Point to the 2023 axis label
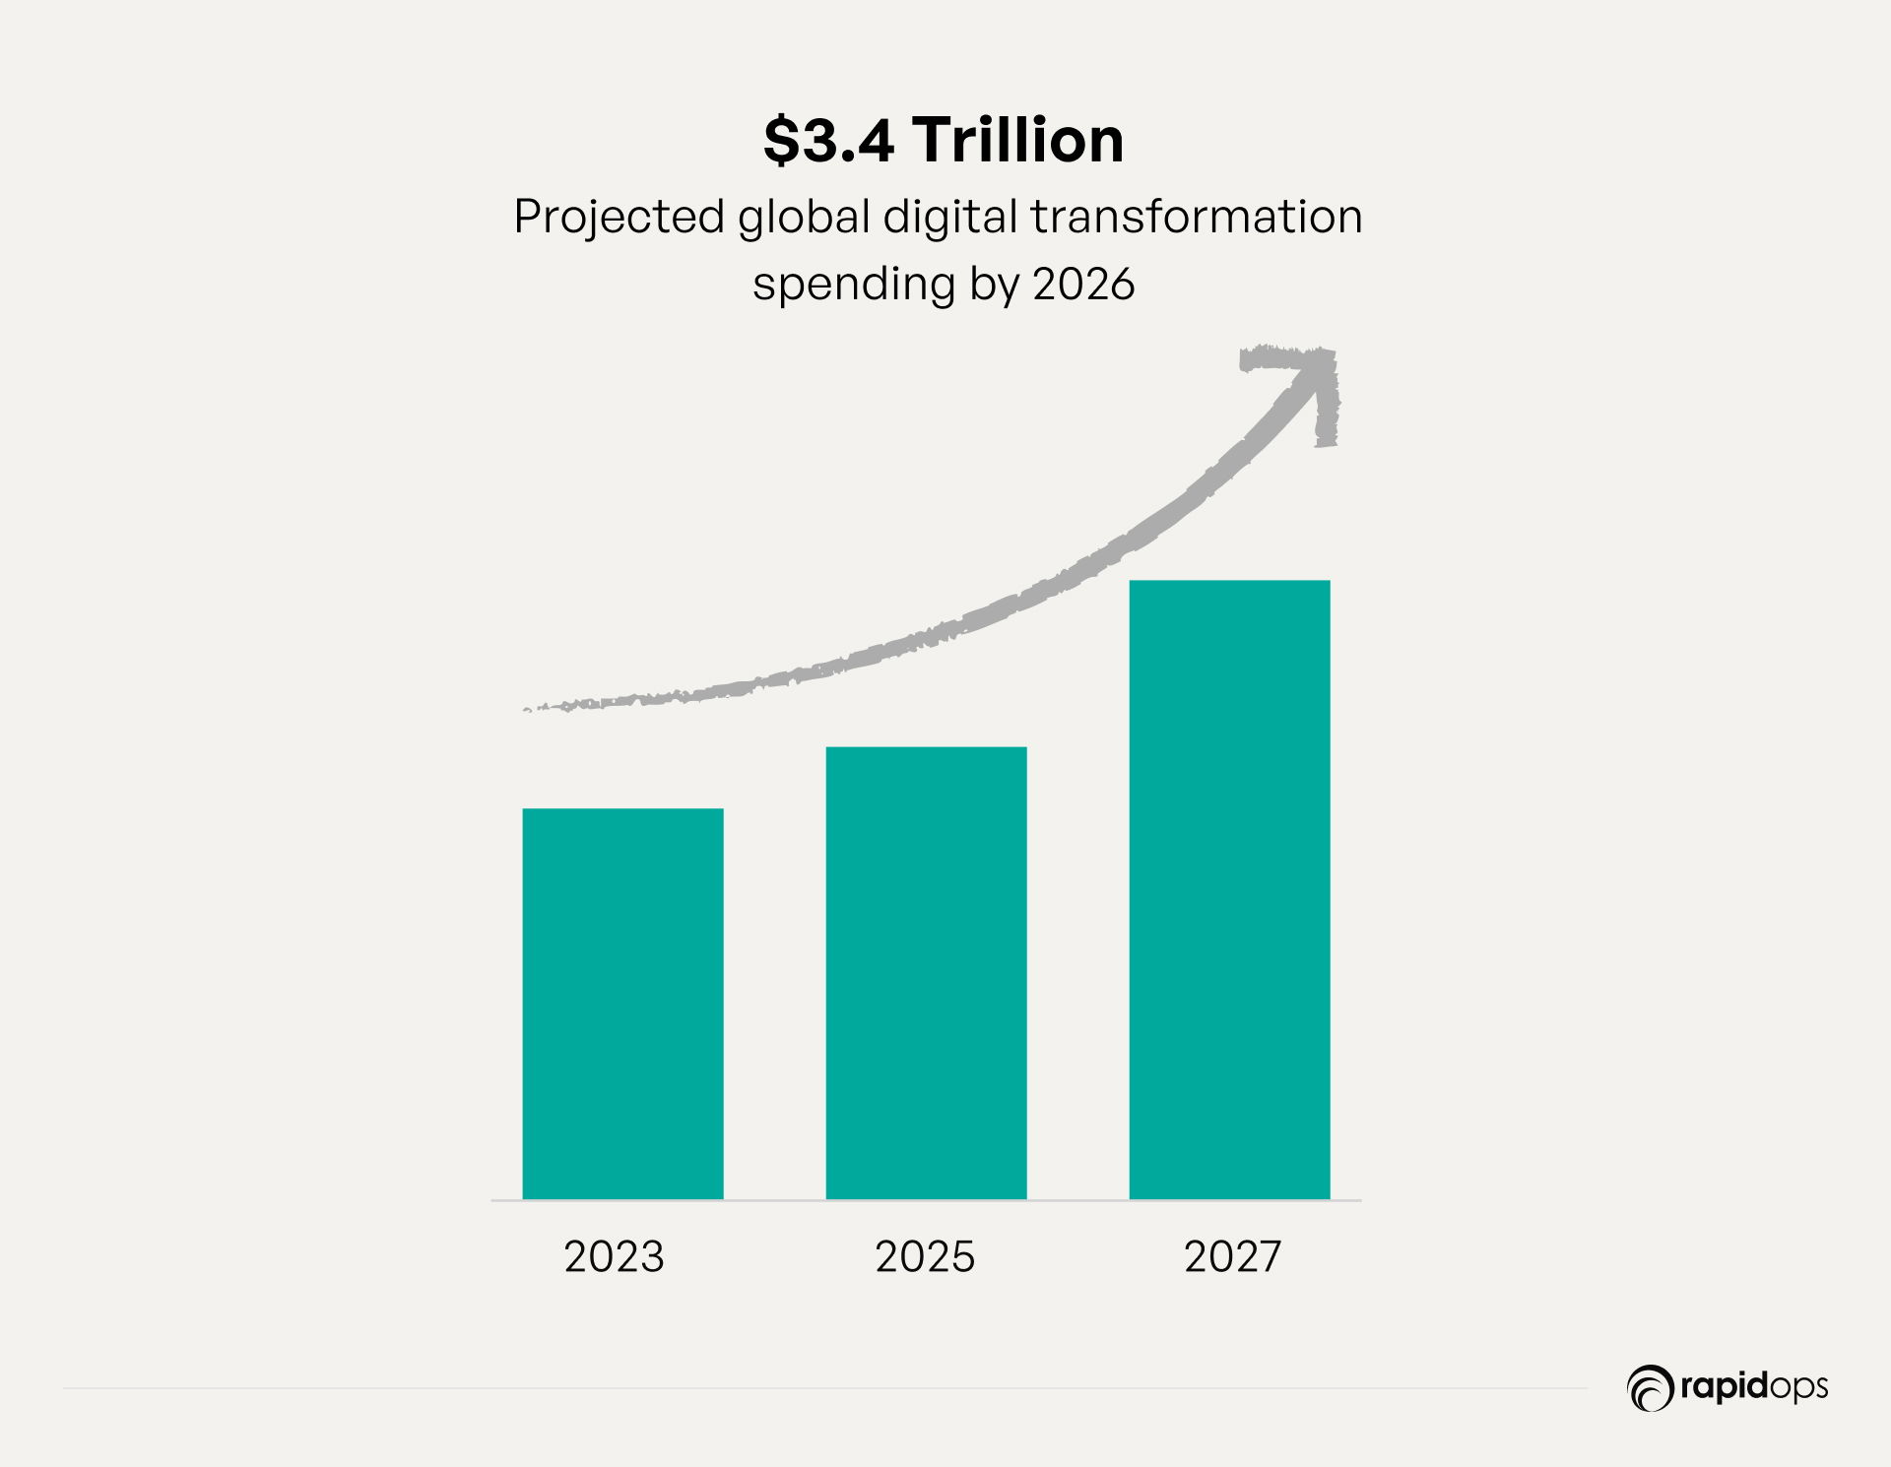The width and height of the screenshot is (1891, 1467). [614, 1257]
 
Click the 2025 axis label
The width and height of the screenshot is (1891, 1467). [925, 1257]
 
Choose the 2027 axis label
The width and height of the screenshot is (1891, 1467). [1232, 1257]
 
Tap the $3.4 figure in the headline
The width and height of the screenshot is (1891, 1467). [828, 140]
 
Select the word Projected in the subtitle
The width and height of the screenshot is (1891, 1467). [619, 218]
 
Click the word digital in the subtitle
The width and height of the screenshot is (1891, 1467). [949, 218]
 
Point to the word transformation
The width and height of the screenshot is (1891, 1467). [1196, 218]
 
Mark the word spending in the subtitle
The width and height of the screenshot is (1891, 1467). [854, 285]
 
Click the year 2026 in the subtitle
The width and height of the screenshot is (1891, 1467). [1083, 285]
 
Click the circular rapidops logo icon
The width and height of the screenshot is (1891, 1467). [1650, 1388]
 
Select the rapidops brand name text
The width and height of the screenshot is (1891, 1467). [1753, 1387]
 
